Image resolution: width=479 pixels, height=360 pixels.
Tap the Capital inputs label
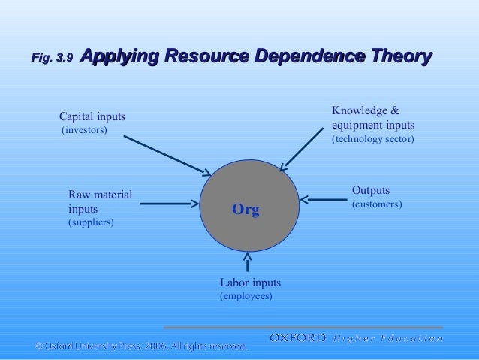(92, 116)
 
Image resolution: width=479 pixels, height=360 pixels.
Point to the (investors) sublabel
(84, 130)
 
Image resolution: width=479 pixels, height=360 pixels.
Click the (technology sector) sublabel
(372, 140)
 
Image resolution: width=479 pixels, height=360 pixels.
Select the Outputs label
(371, 190)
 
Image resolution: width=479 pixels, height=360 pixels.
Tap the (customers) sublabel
(377, 204)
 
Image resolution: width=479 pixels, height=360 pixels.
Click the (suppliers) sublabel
(91, 223)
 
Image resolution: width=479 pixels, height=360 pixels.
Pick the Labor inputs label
(250, 283)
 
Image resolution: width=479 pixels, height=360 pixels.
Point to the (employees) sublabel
(246, 296)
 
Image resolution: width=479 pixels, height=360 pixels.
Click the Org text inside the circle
(246, 210)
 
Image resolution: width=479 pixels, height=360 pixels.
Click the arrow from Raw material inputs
(169, 203)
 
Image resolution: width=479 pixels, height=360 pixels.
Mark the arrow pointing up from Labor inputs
(248, 262)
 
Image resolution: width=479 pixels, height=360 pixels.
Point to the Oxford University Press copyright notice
(140, 346)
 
